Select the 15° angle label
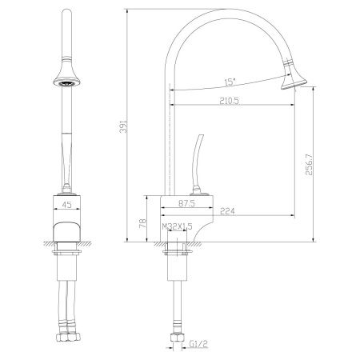[230, 80]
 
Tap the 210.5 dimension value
[231, 100]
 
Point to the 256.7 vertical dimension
[308, 164]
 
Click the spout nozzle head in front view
[66, 77]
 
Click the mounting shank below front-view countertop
[66, 264]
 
